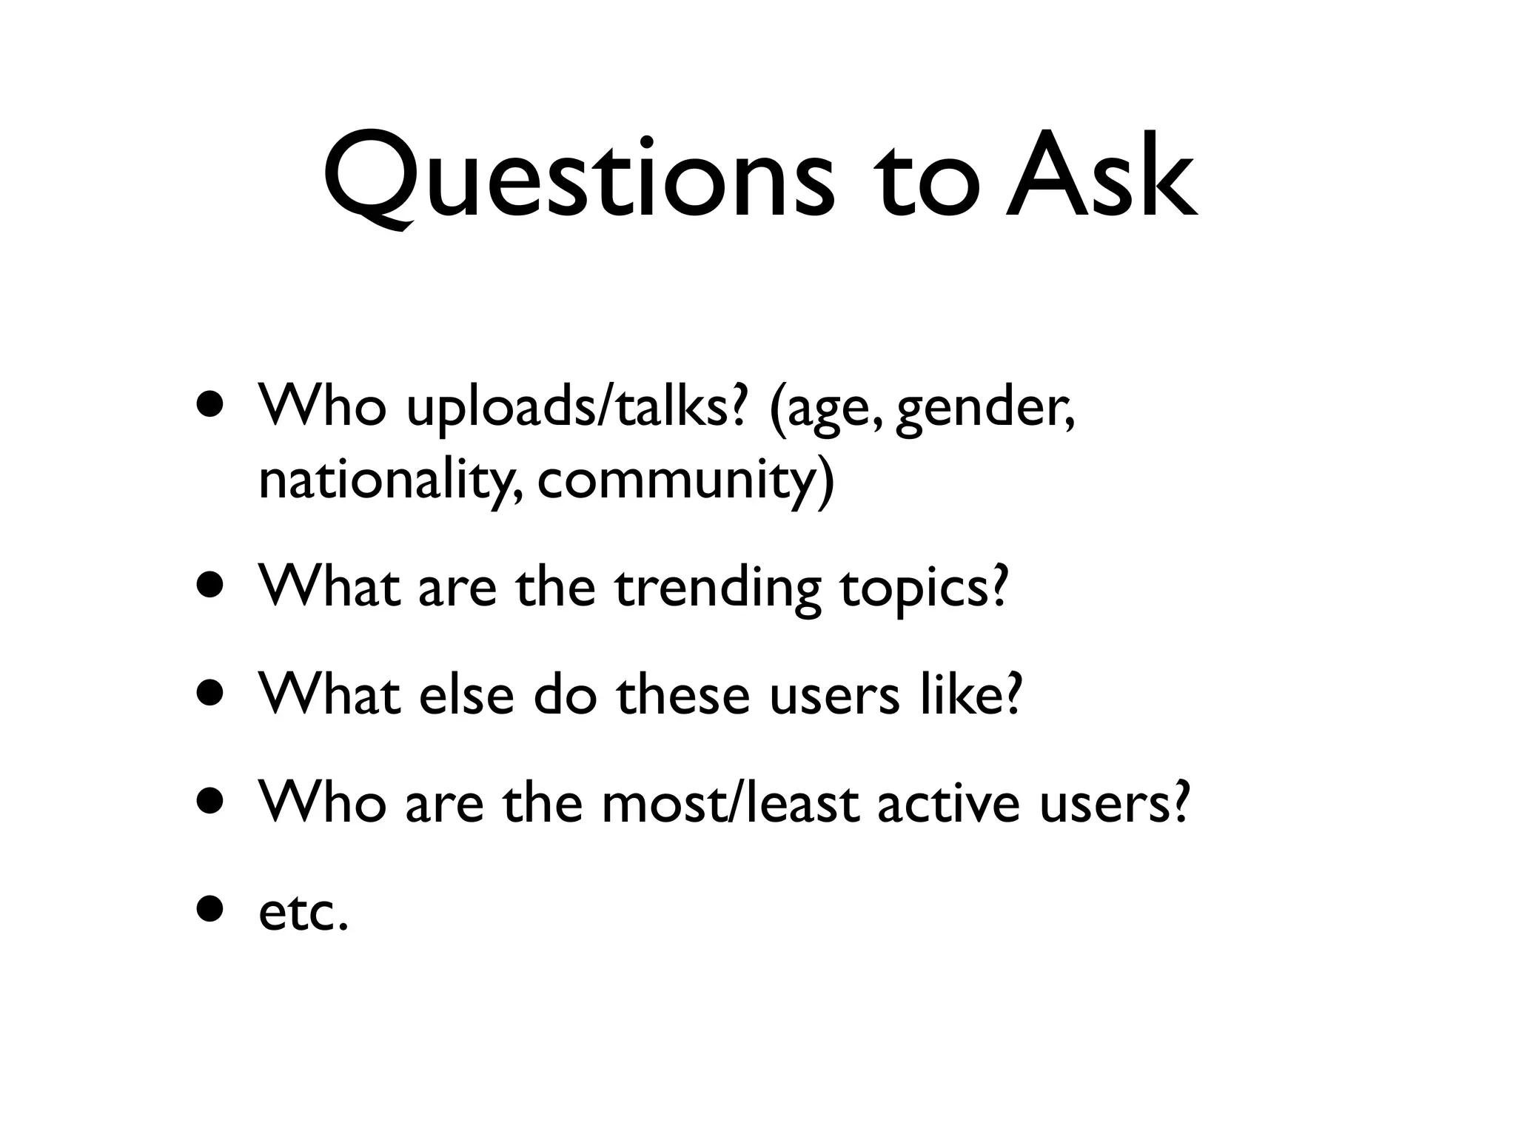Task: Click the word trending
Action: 717,588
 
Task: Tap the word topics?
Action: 924,588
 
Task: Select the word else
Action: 466,696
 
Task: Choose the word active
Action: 949,804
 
